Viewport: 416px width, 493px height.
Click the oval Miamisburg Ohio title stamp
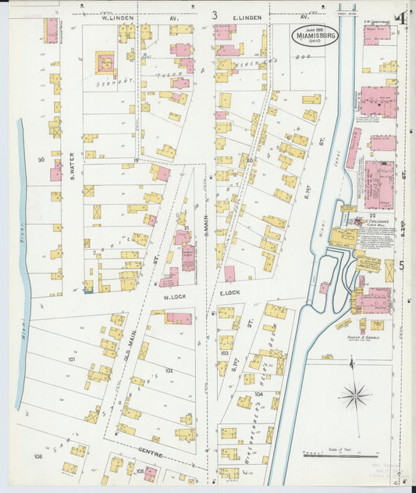click(316, 35)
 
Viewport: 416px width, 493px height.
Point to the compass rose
click(355, 395)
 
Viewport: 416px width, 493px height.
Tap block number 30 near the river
click(41, 159)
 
